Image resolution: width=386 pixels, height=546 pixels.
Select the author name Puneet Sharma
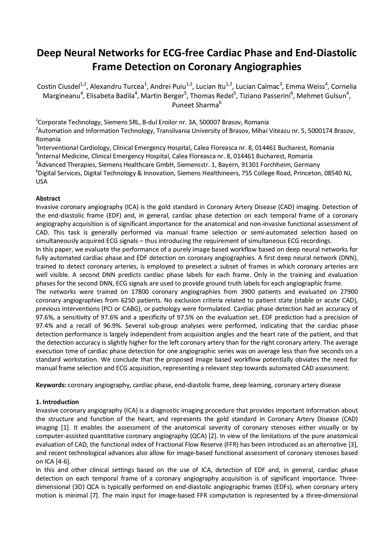195,105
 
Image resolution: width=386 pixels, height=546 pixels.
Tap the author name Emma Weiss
305,87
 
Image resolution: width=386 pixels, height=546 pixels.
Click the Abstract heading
48,198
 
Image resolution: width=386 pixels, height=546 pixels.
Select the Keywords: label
51,385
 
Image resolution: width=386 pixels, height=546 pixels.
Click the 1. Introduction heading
57,402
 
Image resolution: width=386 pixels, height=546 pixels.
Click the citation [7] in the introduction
94,495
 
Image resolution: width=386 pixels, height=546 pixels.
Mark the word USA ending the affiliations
41,182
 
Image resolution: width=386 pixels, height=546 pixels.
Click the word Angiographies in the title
267,67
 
